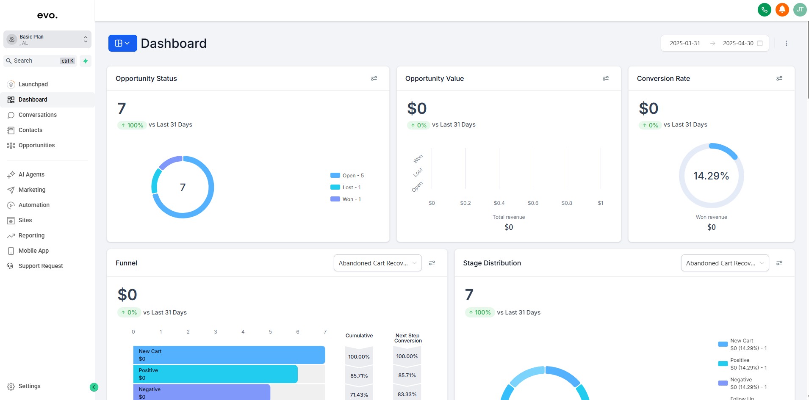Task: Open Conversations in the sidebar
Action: pos(37,115)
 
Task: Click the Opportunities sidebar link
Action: pos(36,145)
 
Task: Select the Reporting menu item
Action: pos(31,235)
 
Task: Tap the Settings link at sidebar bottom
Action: pos(29,386)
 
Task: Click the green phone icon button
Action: pos(764,9)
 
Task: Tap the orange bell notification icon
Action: pos(782,9)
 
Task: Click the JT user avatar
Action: pos(800,9)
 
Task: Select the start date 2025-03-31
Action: pos(684,43)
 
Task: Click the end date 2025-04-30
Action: pos(738,43)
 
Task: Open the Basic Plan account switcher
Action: pos(47,39)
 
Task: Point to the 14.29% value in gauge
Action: pos(711,176)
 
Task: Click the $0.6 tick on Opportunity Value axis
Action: pos(533,203)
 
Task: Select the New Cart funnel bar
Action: pos(229,355)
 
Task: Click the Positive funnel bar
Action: pos(215,374)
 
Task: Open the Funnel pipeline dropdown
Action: pos(377,263)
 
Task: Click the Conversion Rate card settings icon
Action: pos(779,78)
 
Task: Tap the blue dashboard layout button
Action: pos(122,43)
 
